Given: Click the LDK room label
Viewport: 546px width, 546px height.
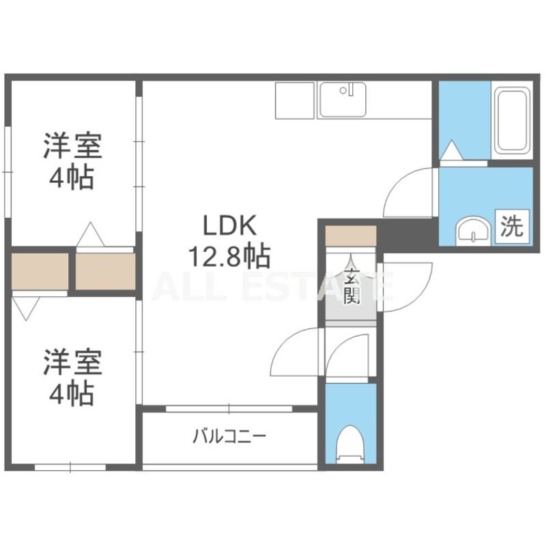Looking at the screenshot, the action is point(230,225).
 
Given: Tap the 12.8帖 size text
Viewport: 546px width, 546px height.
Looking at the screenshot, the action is point(229,257).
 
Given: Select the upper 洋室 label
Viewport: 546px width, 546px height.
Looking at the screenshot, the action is point(72,146).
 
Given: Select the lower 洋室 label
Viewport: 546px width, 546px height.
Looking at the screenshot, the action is point(72,362).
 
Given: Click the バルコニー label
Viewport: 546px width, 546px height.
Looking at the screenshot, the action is point(229,436).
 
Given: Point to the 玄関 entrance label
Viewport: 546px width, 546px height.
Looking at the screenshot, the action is point(351,286).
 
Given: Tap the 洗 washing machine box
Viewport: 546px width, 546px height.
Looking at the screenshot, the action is point(512,227).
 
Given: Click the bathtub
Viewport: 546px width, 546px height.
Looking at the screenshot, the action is point(512,120).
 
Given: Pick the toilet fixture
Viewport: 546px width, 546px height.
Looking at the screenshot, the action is point(350,444).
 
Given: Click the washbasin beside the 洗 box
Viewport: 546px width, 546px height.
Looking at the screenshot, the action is point(473,230).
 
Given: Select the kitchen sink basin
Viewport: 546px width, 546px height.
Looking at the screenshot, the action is point(343,100).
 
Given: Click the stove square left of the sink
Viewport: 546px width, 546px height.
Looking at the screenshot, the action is point(296,100).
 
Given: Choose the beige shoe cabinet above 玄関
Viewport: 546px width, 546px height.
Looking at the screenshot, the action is point(351,235).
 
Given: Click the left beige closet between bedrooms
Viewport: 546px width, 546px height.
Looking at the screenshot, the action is point(40,271).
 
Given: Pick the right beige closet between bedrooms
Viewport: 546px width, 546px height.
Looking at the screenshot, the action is point(106,271).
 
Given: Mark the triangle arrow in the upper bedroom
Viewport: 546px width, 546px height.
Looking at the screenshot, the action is point(91,234).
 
